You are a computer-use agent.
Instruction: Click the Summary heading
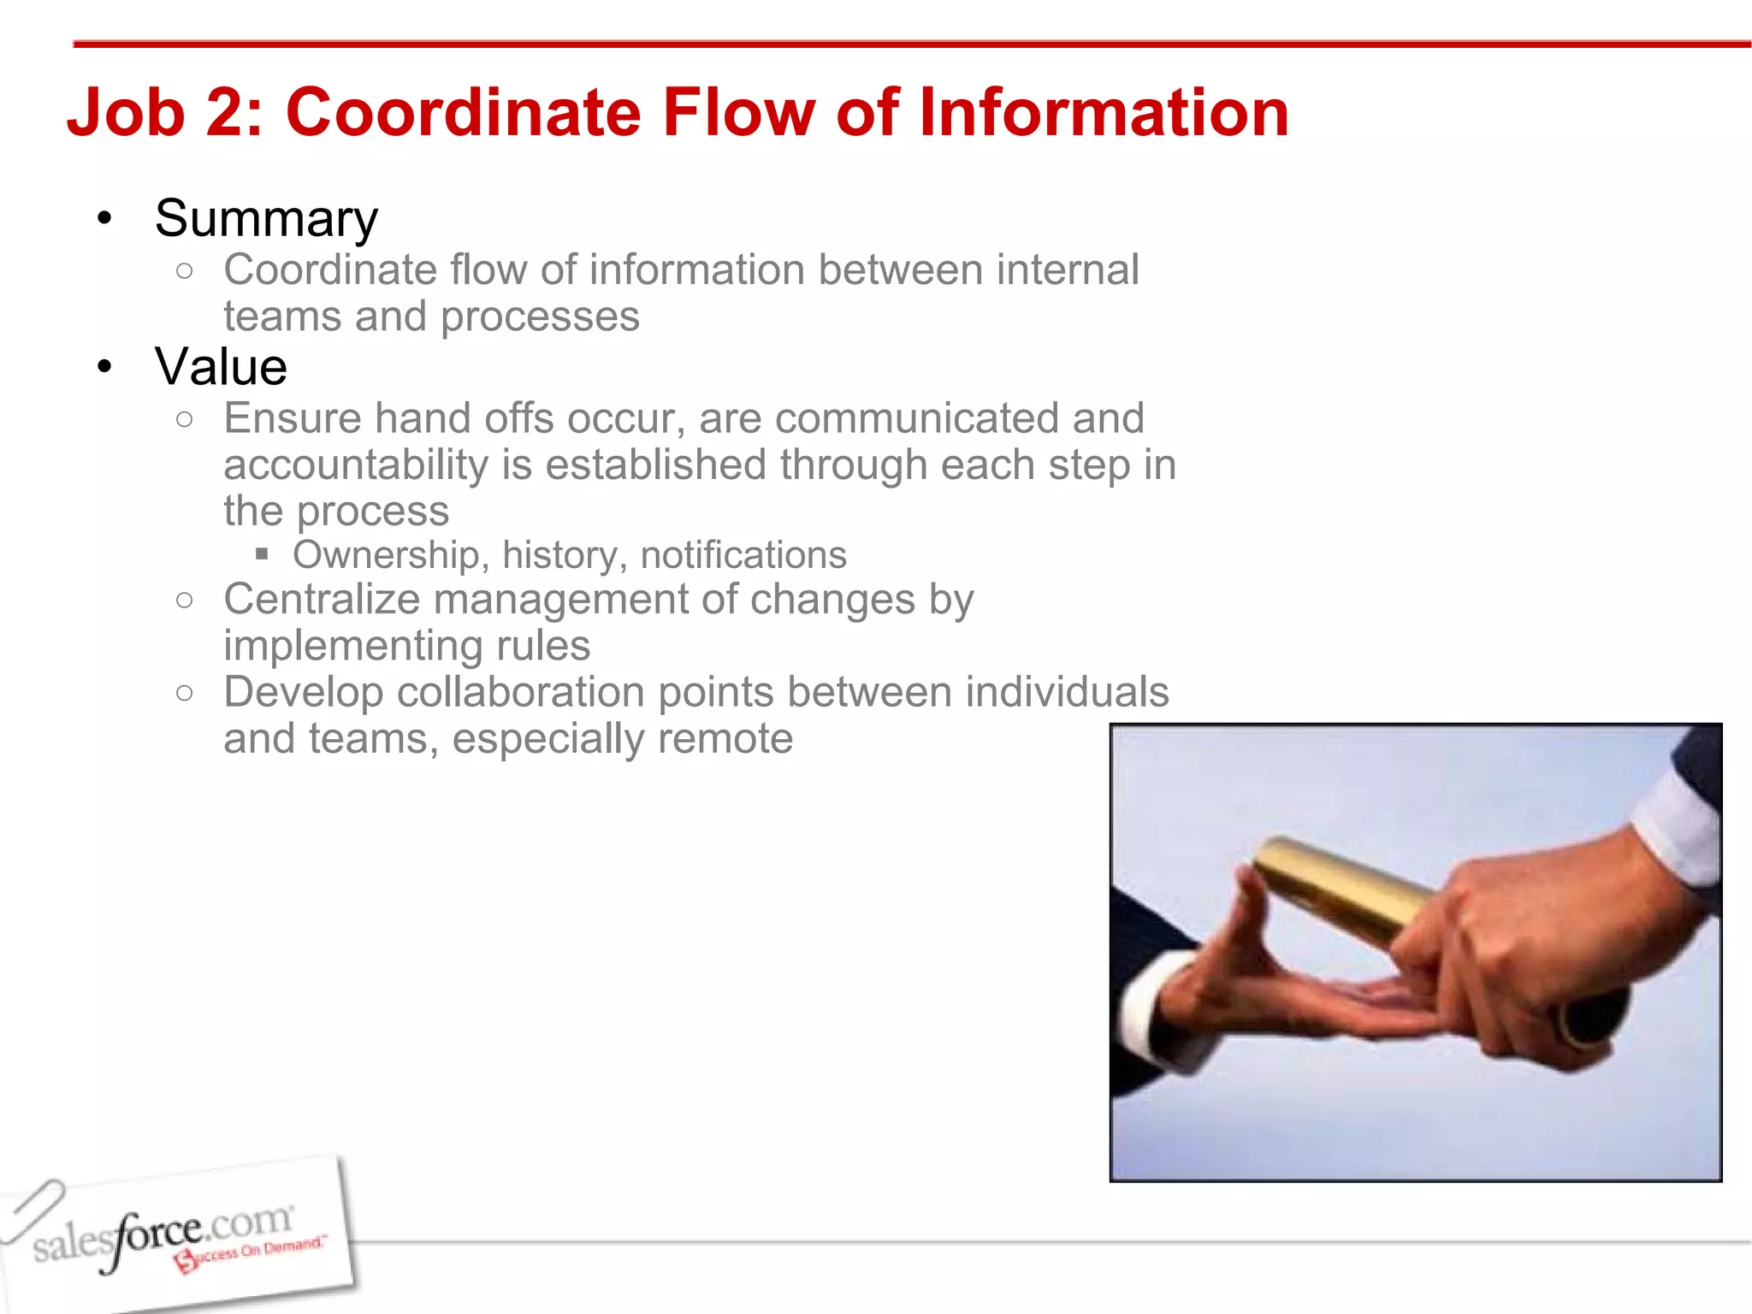266,219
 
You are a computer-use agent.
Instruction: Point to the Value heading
221,367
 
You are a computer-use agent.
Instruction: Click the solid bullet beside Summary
104,219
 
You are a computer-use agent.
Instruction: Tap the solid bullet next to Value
104,368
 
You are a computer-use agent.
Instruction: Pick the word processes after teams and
540,317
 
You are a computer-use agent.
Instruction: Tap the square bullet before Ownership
262,554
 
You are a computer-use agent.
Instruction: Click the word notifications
743,555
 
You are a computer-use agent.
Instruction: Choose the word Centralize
322,599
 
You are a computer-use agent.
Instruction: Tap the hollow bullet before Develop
184,692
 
